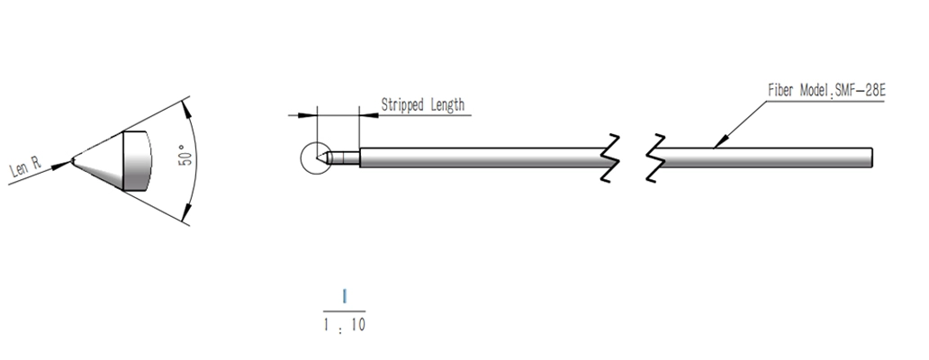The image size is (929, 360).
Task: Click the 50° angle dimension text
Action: [x=185, y=155]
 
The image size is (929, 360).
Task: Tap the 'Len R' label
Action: [x=26, y=167]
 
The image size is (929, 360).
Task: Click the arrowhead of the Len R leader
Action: [x=61, y=166]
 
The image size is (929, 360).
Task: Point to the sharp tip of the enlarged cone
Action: [x=72, y=159]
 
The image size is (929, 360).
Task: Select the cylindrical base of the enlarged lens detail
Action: [x=137, y=160]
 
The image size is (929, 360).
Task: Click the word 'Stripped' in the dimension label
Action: [x=403, y=105]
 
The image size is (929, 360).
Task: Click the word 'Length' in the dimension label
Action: [x=447, y=105]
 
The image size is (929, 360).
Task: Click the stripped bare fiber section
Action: [x=345, y=157]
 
